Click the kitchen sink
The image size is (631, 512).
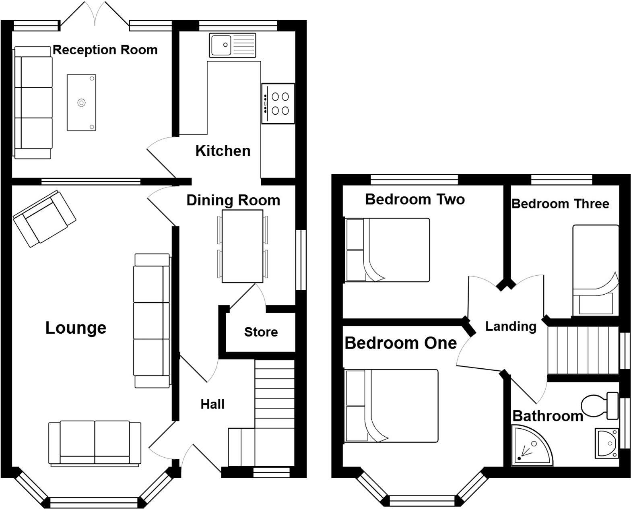click(232, 45)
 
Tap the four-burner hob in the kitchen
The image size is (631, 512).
click(278, 103)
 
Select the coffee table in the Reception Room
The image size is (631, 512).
click(82, 103)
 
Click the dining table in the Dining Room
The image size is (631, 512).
click(242, 246)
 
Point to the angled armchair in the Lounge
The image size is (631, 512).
click(44, 218)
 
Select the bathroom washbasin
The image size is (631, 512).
click(606, 443)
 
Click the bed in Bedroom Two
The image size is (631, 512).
click(388, 250)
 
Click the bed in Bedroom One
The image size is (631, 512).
click(391, 406)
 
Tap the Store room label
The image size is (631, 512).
click(261, 332)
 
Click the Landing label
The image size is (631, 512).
click(511, 326)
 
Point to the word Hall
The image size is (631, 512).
click(212, 404)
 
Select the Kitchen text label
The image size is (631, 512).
click(223, 151)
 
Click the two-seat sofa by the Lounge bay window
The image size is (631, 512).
click(95, 444)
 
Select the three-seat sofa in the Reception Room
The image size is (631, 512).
click(33, 103)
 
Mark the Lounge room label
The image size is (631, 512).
click(76, 328)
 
